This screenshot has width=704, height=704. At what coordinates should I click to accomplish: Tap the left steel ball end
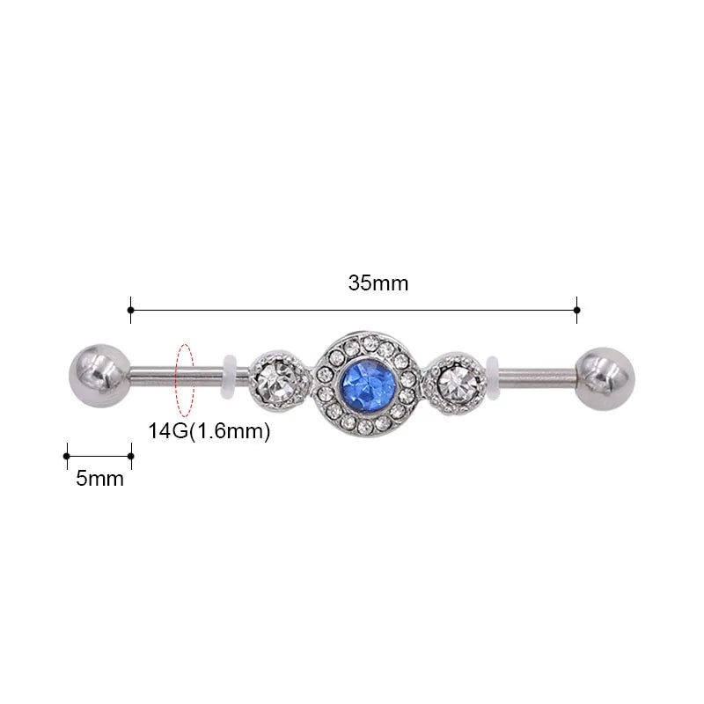coord(99,376)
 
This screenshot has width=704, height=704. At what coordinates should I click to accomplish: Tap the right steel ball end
coord(605,379)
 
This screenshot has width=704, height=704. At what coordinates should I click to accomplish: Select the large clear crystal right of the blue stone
coord(457,383)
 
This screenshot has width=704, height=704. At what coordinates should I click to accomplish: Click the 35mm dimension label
coord(378,283)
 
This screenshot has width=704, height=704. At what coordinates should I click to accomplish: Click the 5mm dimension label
coord(99,479)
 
